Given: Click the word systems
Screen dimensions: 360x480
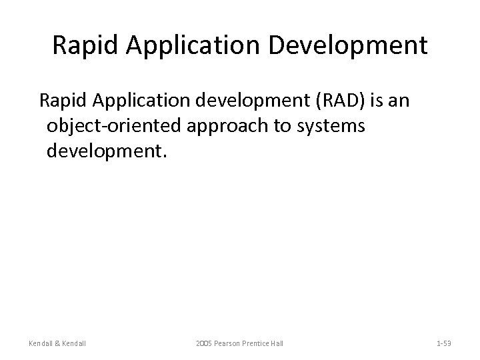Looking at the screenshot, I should coord(331,126).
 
